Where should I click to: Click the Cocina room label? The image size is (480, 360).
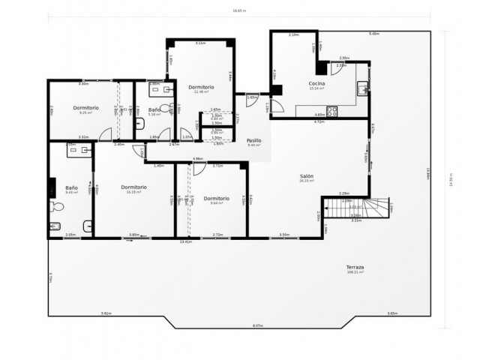coord(316,82)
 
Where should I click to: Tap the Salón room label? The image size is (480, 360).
coord(307,176)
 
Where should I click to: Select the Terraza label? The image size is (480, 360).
coord(355,268)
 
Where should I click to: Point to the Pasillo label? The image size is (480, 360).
coord(253,140)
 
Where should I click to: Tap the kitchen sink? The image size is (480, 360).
coord(363,89)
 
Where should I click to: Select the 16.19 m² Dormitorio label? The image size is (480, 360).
coord(133,187)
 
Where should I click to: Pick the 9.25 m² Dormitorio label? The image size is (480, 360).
coord(86,108)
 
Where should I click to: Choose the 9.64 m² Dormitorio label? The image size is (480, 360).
coord(216,199)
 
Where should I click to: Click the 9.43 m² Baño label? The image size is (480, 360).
coord(72,188)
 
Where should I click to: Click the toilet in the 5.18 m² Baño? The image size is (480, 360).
coord(139,124)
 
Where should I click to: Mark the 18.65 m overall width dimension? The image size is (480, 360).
coord(239,10)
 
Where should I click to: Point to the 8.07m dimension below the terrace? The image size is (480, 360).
coord(257,325)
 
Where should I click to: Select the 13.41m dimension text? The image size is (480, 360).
coord(186,241)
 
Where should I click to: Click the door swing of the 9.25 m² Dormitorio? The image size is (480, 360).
coord(105,135)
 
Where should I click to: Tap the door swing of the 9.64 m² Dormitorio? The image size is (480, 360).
coord(199,169)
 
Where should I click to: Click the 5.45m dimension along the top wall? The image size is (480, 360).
coord(373,34)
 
